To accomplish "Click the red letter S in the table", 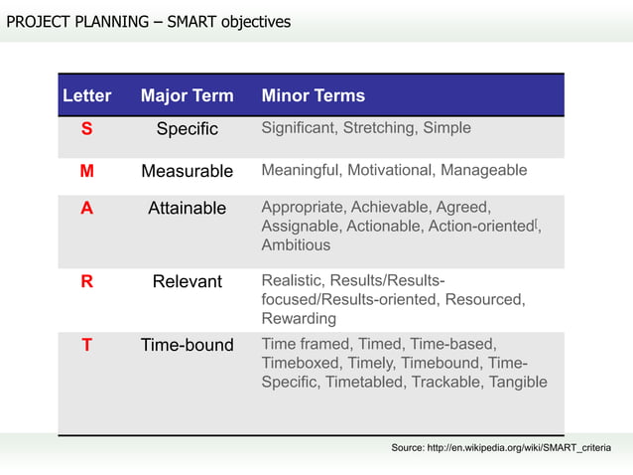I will pos(87,129).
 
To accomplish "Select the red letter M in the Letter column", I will pos(87,171).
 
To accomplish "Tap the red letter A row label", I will pos(87,209).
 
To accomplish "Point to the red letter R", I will pos(87,281).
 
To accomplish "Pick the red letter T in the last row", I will pos(87,346).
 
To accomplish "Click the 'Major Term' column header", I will pos(187,96).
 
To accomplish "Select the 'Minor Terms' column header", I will pos(313,96).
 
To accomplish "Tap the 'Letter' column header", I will pos(87,96).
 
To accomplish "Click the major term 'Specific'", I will pos(187,129).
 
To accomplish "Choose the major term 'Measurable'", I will pos(187,171).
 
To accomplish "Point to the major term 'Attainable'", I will pos(187,209).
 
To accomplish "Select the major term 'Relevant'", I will pos(187,281).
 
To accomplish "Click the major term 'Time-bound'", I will pos(187,346).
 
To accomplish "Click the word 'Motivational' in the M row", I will pos(391,170).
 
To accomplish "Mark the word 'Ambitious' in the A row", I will pos(296,244).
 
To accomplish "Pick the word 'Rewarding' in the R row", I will pos(299,319).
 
